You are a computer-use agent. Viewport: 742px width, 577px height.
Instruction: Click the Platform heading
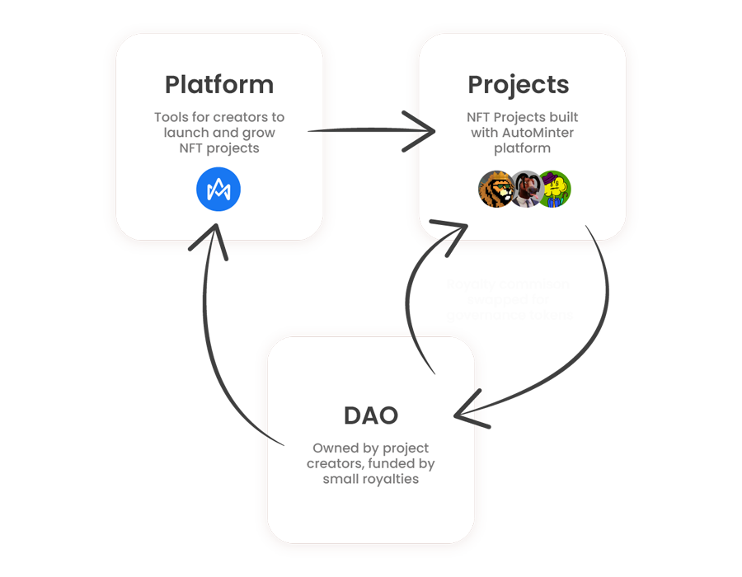(218, 85)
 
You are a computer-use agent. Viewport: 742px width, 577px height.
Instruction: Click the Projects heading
(518, 85)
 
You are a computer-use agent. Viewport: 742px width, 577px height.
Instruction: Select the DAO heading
(370, 415)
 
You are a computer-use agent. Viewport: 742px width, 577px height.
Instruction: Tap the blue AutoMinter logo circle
(218, 190)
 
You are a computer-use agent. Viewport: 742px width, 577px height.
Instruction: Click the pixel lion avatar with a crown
(496, 190)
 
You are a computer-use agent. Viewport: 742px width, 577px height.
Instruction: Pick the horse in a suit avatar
(525, 190)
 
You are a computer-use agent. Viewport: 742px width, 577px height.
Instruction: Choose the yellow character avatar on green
(554, 190)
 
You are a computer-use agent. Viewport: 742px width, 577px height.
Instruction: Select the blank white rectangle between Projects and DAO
(509, 297)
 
